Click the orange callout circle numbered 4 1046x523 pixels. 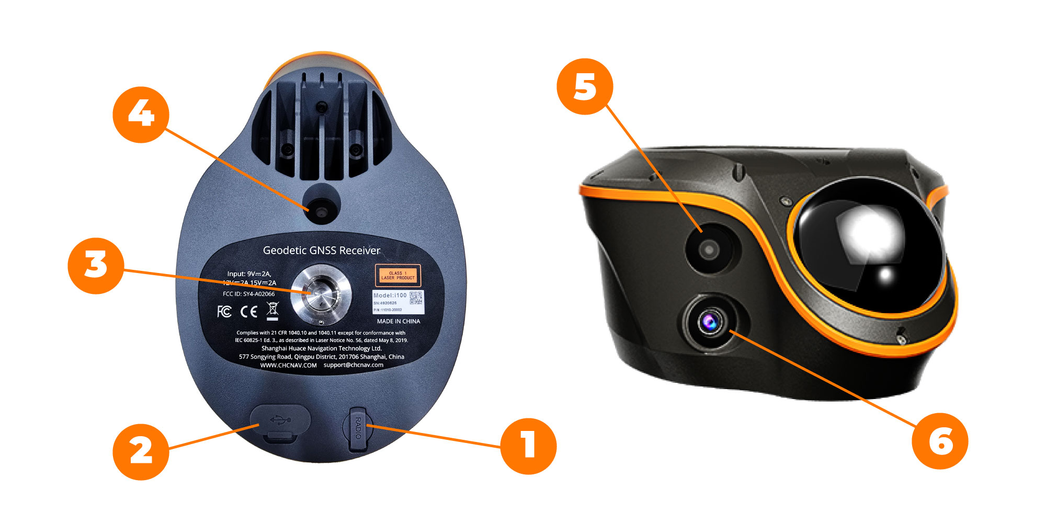141,115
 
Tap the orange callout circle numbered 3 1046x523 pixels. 96,266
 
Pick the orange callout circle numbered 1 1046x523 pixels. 528,446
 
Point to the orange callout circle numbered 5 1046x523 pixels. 585,86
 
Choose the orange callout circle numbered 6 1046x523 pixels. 940,441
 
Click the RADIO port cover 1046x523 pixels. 358,429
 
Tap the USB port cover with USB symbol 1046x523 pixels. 280,422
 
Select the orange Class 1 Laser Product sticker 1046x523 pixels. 398,275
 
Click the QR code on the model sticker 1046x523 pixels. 416,298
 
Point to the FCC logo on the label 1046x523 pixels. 224,312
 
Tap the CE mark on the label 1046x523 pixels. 249,312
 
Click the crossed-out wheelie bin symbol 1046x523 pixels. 272,311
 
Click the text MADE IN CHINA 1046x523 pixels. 398,321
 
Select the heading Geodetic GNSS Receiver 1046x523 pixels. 321,251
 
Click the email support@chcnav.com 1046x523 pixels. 353,365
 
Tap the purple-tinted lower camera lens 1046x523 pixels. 710,322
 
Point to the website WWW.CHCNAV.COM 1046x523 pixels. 288,365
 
